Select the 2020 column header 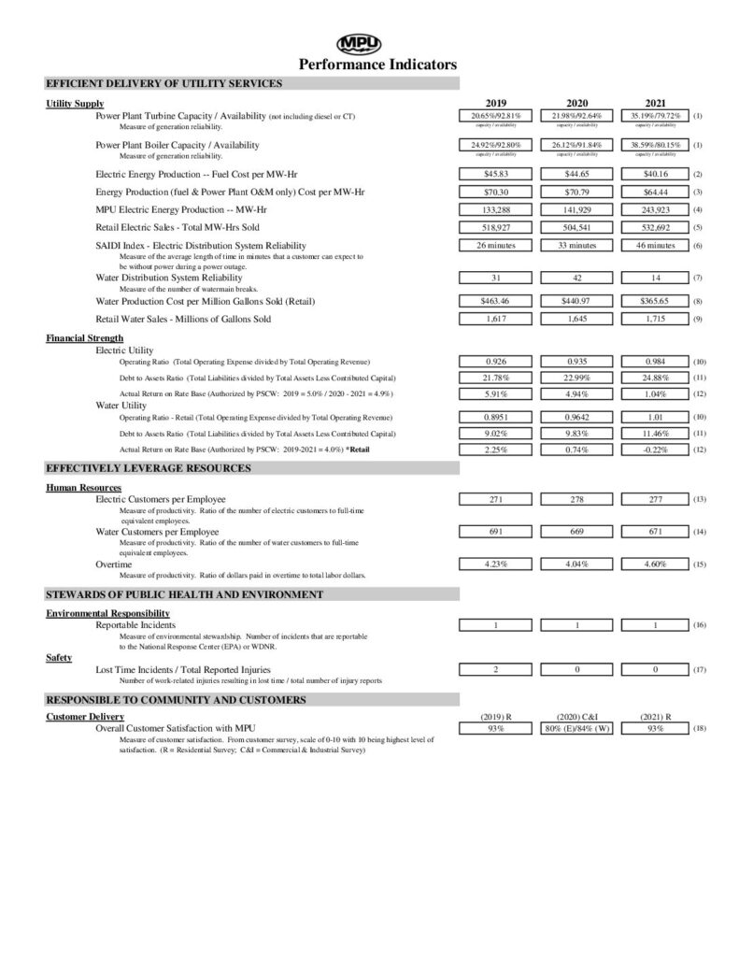[576, 103]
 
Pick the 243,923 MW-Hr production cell [655, 209]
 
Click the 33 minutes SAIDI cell [576, 245]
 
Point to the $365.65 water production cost [655, 301]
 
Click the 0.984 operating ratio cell [655, 360]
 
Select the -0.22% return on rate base [655, 450]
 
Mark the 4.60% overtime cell [655, 564]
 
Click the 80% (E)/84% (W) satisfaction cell [576, 728]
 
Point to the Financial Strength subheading [84, 337]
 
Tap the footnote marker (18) [701, 728]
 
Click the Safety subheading [60, 658]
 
